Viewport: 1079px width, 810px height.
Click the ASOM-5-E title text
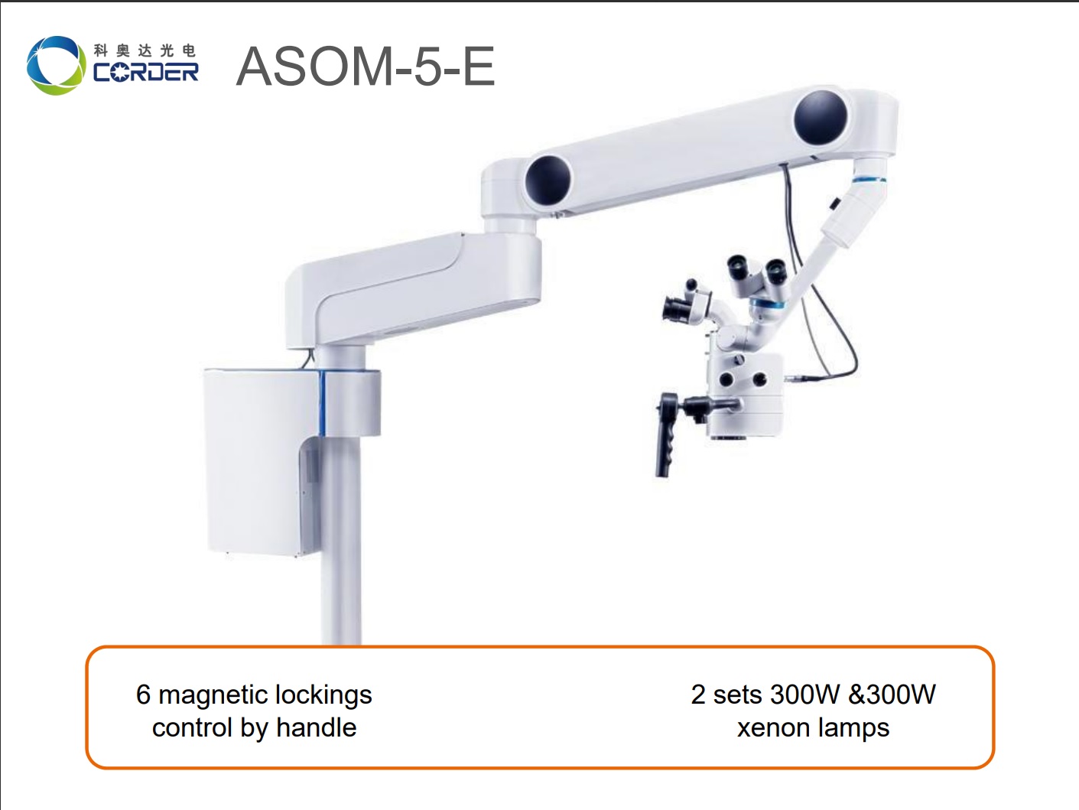point(366,67)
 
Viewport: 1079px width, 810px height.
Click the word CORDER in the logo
point(145,73)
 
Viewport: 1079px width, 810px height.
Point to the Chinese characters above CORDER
point(145,50)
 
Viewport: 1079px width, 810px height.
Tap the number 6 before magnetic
point(143,695)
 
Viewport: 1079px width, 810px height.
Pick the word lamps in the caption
point(853,727)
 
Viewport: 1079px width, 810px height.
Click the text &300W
point(892,695)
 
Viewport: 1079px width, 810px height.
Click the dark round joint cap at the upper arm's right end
point(821,118)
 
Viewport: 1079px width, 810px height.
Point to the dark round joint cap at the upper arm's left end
point(548,181)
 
